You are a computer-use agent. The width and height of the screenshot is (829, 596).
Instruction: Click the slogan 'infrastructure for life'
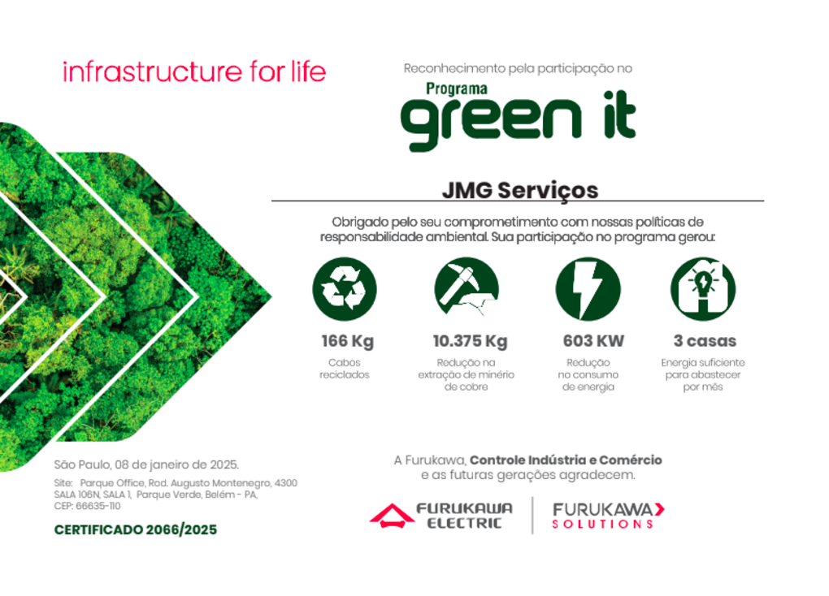(194, 71)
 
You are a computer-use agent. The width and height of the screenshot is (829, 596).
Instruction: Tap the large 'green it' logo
(518, 120)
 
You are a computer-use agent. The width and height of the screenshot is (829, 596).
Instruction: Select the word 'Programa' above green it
(457, 89)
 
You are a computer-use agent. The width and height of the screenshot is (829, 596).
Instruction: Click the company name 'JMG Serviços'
(519, 190)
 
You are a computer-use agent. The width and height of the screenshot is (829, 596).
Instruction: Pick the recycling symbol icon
(345, 289)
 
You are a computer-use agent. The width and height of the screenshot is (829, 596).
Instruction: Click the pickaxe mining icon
(467, 288)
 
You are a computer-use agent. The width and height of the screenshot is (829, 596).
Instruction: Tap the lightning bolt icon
(588, 289)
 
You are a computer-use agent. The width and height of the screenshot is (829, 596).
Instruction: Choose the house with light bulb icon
(703, 289)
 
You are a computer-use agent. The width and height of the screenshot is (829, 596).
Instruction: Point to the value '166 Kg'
(347, 341)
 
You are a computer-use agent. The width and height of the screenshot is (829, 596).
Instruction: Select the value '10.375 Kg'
(470, 341)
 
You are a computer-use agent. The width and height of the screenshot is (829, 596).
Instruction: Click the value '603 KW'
(593, 341)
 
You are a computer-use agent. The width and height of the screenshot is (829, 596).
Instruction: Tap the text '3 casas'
(705, 341)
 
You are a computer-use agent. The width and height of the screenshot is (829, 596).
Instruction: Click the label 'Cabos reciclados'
(344, 369)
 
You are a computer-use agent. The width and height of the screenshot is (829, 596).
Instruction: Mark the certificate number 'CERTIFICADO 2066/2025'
(136, 530)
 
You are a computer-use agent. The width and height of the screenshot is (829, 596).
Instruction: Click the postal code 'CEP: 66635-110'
(87, 506)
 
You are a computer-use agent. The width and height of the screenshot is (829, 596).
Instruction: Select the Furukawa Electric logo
(441, 516)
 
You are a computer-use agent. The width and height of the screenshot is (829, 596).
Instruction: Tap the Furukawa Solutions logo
(608, 516)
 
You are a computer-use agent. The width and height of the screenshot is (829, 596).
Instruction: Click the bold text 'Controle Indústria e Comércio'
(566, 460)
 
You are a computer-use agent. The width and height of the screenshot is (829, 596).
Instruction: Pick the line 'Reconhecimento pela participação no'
(518, 69)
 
